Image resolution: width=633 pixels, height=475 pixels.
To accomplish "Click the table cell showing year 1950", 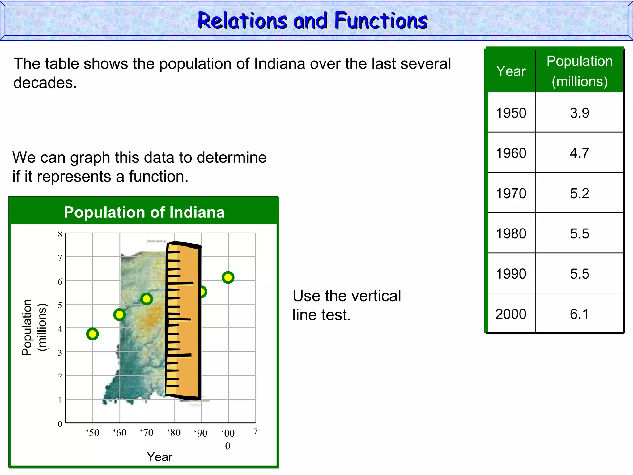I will point(511,113).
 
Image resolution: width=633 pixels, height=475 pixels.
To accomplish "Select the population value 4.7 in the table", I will point(579,153).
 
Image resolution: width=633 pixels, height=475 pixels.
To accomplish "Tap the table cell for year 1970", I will point(511,193).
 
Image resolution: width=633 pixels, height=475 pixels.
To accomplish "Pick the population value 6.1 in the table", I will point(579,314).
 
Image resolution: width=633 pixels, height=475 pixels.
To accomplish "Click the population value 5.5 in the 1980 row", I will point(579,233).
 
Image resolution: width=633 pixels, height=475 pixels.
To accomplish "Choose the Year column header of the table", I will point(511,71).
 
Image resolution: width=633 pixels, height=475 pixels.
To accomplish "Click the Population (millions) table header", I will point(579,71).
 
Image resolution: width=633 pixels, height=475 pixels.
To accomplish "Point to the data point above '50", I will point(92,334).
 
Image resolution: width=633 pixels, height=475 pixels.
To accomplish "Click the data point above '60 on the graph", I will point(119,315).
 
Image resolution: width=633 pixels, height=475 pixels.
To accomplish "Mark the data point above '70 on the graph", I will point(147,299).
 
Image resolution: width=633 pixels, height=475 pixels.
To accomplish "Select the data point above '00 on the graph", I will point(228,277).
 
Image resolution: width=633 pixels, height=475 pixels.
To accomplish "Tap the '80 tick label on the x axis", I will point(174,432).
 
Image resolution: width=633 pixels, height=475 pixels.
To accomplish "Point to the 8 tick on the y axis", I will point(60,234).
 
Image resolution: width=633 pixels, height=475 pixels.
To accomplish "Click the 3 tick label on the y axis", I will point(60,353).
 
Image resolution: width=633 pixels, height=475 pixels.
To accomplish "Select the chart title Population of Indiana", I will point(144,212).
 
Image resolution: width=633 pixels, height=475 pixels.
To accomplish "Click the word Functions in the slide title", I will point(381,21).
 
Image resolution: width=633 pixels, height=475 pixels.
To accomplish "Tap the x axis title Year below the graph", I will point(159,457).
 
